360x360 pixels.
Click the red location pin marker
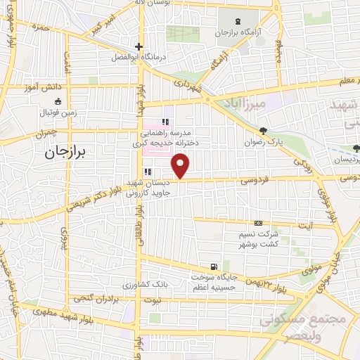pyautogui.click(x=181, y=167)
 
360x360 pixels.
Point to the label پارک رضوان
pyautogui.click(x=264, y=142)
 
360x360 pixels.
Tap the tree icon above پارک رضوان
pyautogui.click(x=264, y=131)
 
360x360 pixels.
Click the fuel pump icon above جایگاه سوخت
pyautogui.click(x=212, y=266)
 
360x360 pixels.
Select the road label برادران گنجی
pyautogui.click(x=94, y=298)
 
